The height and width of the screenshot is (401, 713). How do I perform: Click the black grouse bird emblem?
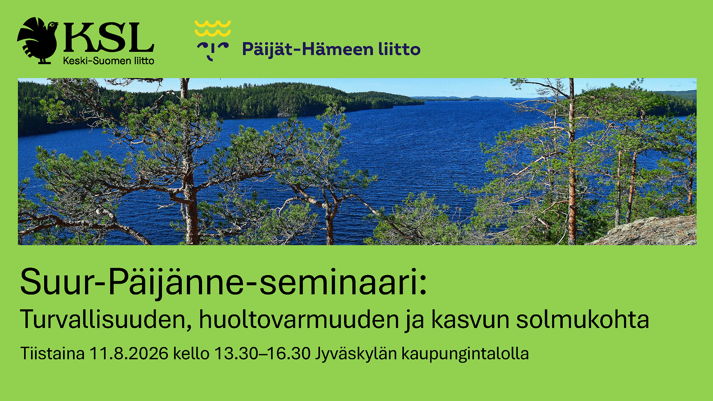tap(38, 40)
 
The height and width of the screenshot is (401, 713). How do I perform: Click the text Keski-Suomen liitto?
tap(108, 61)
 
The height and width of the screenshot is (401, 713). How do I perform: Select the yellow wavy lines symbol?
tap(213, 29)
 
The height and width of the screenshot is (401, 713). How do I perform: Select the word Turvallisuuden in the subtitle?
tap(106, 319)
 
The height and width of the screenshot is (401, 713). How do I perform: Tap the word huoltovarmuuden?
tap(299, 319)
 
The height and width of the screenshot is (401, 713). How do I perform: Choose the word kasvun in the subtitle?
tap(470, 319)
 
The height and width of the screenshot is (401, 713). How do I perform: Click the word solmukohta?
tap(583, 319)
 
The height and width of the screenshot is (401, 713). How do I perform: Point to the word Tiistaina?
tap(52, 353)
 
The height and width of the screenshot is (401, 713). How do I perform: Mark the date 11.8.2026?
tap(129, 353)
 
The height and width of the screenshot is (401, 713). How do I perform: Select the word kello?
tap(191, 353)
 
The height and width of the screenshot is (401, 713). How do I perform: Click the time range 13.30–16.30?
tap(263, 353)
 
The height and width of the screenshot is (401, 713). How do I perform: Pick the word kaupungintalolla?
tap(465, 354)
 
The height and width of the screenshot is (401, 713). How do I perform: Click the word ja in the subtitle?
tap(415, 320)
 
